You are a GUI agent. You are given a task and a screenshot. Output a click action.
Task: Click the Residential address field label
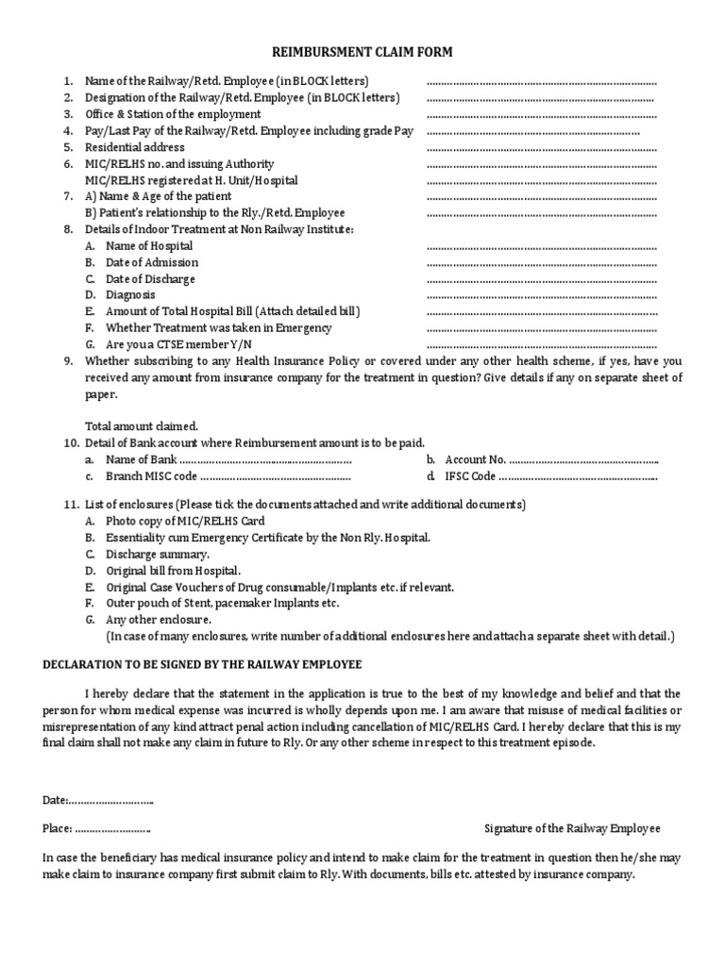point(135,147)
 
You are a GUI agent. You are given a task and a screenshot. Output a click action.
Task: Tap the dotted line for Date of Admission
point(541,263)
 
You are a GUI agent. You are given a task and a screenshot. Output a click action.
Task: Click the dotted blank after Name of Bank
point(265,460)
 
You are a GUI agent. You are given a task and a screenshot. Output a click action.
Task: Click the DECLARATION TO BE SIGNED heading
point(202,665)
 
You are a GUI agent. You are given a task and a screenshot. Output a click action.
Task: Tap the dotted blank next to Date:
point(111,801)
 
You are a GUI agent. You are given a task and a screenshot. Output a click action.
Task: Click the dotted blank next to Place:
point(113,828)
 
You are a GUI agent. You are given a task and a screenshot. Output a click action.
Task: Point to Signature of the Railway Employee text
point(572,828)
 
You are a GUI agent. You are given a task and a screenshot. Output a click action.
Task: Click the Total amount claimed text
point(142,425)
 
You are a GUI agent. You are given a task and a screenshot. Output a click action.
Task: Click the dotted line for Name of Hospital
point(541,246)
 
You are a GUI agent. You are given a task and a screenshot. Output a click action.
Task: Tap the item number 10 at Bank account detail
point(70,442)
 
